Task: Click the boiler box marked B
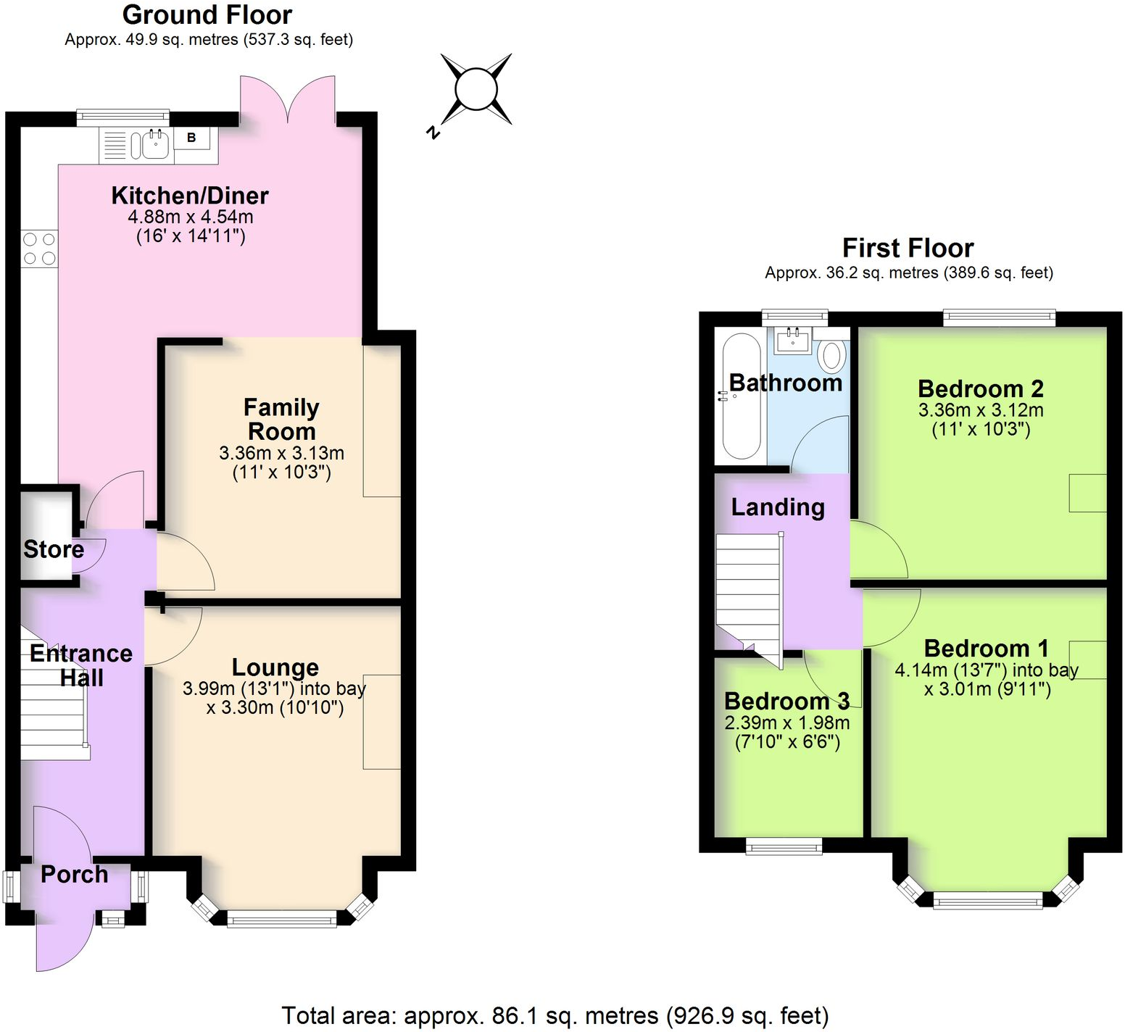(192, 138)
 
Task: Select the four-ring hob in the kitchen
(39, 248)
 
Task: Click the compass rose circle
(476, 89)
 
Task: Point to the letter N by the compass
(433, 132)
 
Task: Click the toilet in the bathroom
(832, 355)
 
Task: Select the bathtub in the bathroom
(741, 396)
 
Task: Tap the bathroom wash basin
(793, 339)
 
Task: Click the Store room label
(54, 549)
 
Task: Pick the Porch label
(74, 874)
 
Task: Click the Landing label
(778, 507)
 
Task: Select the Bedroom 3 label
(786, 701)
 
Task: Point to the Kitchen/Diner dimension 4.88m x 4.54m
(191, 217)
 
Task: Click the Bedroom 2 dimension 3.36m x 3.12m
(981, 410)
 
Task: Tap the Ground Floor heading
(207, 14)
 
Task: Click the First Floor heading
(908, 248)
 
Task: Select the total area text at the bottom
(555, 1016)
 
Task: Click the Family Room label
(281, 420)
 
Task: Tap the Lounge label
(275, 667)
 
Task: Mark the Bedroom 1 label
(986, 648)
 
